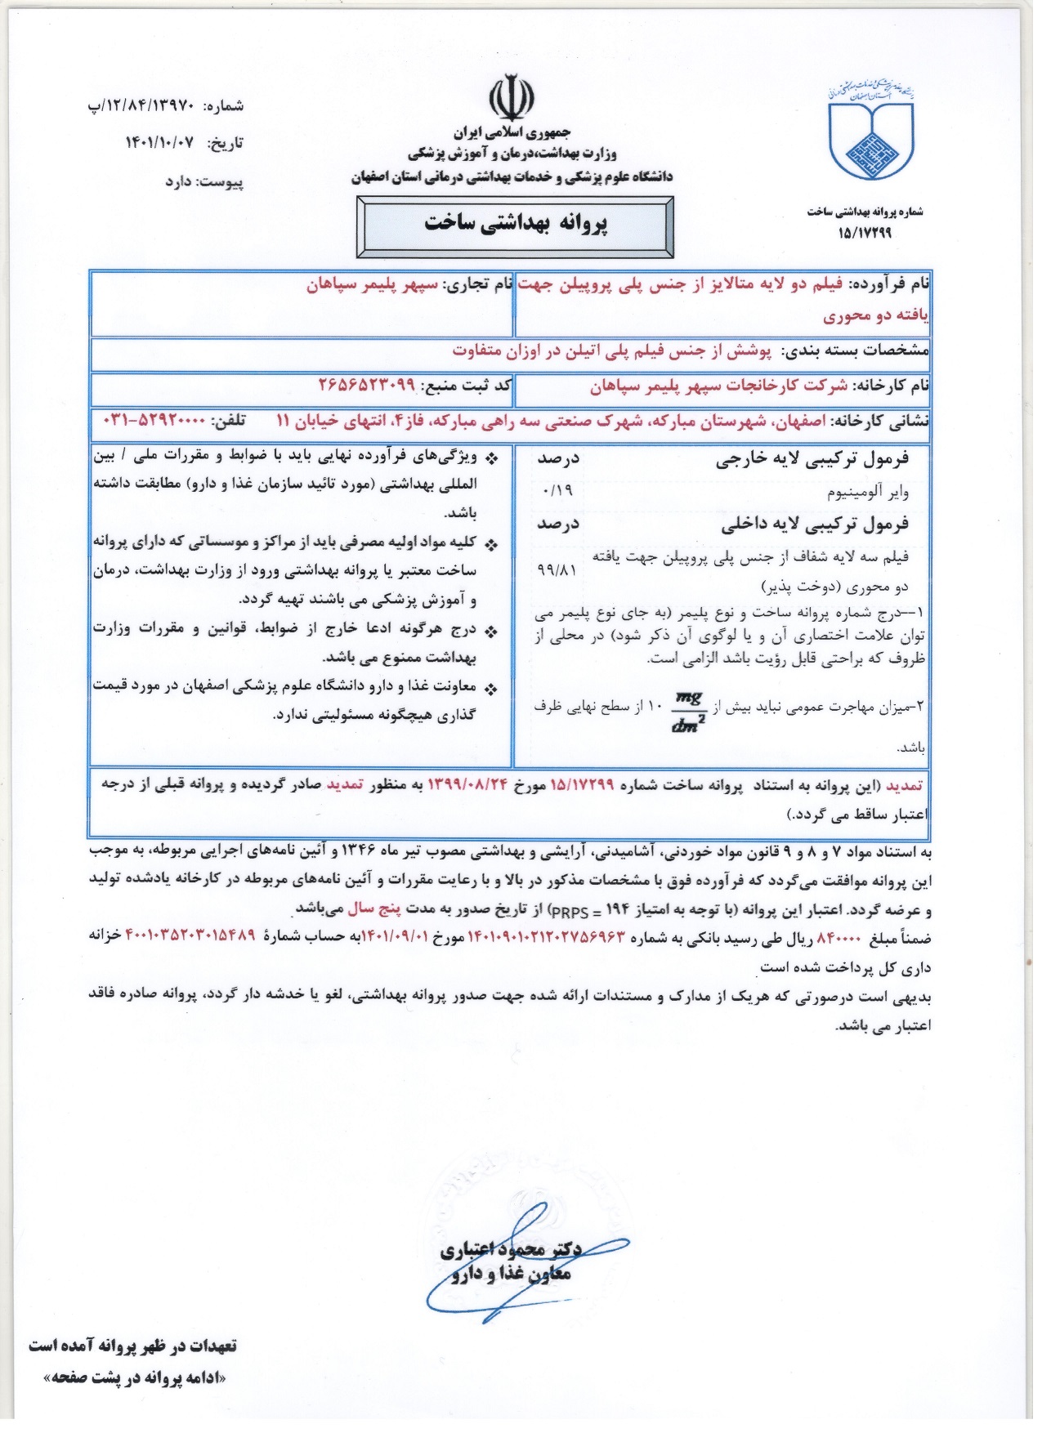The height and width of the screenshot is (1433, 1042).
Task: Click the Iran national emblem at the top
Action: coord(512,99)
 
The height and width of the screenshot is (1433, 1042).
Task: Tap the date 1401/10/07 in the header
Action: coord(159,143)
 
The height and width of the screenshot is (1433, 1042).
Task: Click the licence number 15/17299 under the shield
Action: coord(865,233)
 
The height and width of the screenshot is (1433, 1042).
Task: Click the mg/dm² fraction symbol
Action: coord(687,712)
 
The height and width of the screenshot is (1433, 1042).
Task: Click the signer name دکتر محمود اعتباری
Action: coord(511,1249)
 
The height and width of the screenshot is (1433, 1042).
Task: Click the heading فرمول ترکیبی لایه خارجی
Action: coord(812,459)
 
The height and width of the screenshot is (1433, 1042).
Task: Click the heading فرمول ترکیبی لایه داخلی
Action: coord(814,525)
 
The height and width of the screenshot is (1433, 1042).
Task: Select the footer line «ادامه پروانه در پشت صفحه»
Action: coord(136,1379)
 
